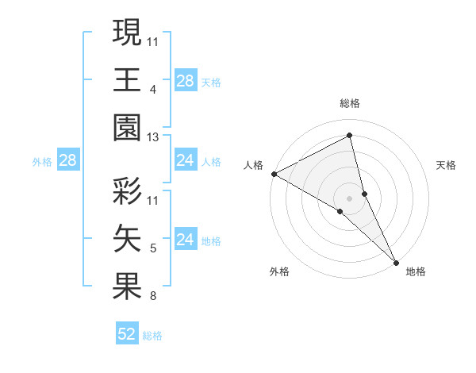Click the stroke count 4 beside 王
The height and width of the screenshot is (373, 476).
click(152, 89)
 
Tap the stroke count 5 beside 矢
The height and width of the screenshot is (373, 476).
click(152, 248)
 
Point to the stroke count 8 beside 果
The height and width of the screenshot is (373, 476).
click(152, 297)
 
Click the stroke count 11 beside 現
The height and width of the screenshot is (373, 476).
click(154, 40)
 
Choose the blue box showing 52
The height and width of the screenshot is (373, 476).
click(127, 334)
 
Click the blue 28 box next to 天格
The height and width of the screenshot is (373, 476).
click(185, 80)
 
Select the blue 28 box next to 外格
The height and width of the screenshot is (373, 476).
click(67, 161)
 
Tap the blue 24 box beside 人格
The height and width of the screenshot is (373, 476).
click(185, 161)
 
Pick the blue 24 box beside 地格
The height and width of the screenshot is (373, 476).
click(185, 240)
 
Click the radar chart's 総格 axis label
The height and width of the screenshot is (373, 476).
click(350, 103)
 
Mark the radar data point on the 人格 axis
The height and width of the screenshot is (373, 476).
click(274, 173)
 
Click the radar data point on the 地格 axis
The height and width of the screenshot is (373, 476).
click(395, 261)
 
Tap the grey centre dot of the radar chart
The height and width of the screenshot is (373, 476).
click(350, 198)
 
